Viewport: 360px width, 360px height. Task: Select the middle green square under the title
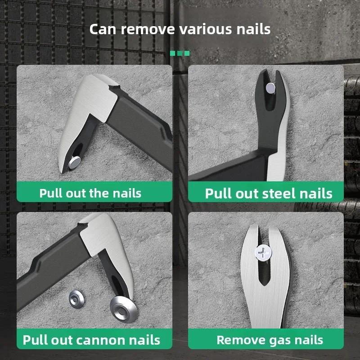[x=180, y=53]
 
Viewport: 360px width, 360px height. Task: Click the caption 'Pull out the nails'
[x=90, y=193]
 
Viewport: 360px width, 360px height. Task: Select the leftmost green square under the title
[x=173, y=53]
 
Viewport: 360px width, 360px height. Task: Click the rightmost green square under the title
[x=187, y=53]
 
